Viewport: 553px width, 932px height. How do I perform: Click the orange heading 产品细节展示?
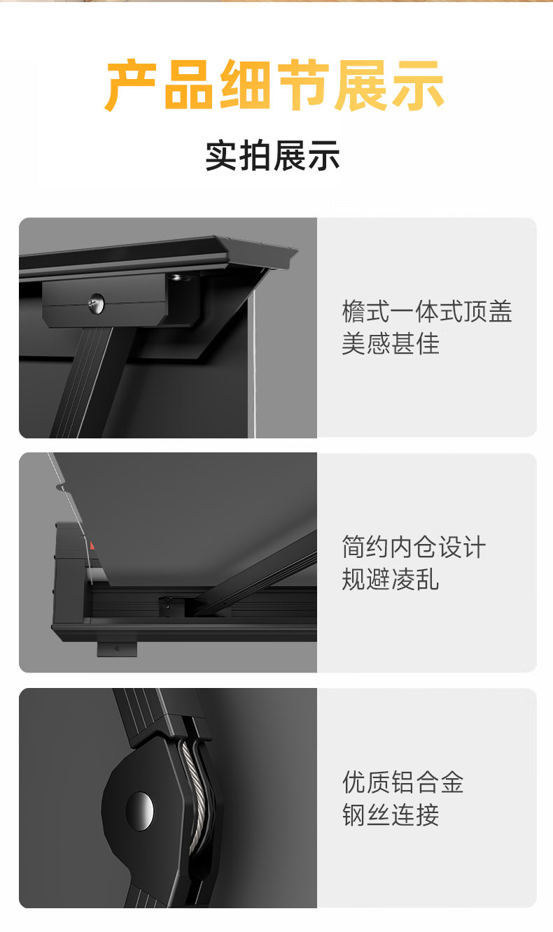(274, 85)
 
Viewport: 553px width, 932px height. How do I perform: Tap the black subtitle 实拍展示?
(273, 156)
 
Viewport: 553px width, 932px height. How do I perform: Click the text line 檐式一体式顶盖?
(427, 311)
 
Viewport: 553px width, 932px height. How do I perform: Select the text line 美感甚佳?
(390, 343)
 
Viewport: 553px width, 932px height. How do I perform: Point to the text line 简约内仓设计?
(414, 547)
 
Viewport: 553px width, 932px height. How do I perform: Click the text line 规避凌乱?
(390, 579)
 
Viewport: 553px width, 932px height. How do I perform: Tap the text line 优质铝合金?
(402, 782)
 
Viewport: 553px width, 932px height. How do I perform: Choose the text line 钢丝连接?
(390, 815)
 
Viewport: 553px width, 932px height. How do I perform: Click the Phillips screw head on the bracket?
(97, 301)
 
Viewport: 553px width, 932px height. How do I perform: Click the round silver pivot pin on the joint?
(139, 811)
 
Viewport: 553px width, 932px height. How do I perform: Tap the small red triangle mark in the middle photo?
(92, 545)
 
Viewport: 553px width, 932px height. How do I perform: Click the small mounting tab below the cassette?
(117, 648)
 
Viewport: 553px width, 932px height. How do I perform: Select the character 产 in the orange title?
(130, 85)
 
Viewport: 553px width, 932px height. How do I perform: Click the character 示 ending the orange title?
(419, 85)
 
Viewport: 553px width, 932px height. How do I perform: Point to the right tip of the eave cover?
(297, 250)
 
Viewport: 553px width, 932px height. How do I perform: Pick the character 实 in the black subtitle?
(222, 156)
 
